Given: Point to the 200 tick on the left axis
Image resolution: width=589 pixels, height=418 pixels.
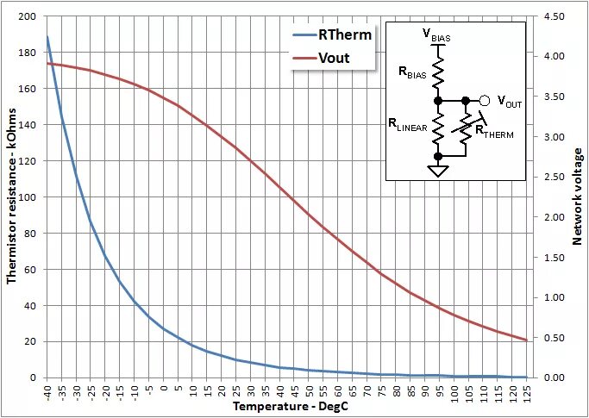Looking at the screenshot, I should [28, 17].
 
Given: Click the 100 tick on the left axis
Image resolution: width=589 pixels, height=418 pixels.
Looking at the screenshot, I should [28, 197].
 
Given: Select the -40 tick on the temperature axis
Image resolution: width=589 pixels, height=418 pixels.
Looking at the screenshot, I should [48, 393].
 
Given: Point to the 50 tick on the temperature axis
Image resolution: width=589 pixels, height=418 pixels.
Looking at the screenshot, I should [309, 391].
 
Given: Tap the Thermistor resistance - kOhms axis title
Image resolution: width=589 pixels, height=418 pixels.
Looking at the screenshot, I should [11, 197].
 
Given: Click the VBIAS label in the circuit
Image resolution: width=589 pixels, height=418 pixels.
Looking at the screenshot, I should [436, 35].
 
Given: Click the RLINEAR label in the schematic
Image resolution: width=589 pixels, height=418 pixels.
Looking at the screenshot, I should [409, 125].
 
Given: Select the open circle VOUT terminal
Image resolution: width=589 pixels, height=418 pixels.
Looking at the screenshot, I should [485, 101].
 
